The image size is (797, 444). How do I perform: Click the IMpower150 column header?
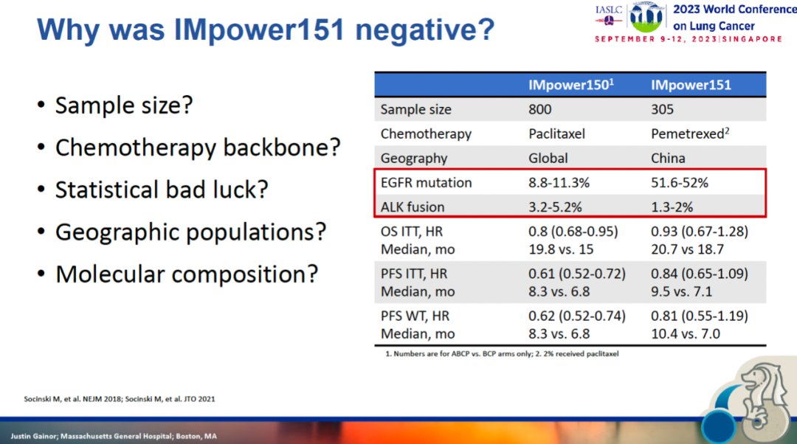(x=571, y=84)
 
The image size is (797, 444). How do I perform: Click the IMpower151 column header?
(x=691, y=84)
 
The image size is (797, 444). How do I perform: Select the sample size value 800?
(x=540, y=109)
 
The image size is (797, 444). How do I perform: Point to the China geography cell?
(x=668, y=158)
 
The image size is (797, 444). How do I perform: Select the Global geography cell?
(x=548, y=158)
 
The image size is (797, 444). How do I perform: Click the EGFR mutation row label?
(x=426, y=182)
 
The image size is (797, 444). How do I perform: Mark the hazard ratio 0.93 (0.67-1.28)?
(x=700, y=231)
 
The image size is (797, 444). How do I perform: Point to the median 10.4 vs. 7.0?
(x=686, y=333)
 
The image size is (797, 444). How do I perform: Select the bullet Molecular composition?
(x=187, y=274)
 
